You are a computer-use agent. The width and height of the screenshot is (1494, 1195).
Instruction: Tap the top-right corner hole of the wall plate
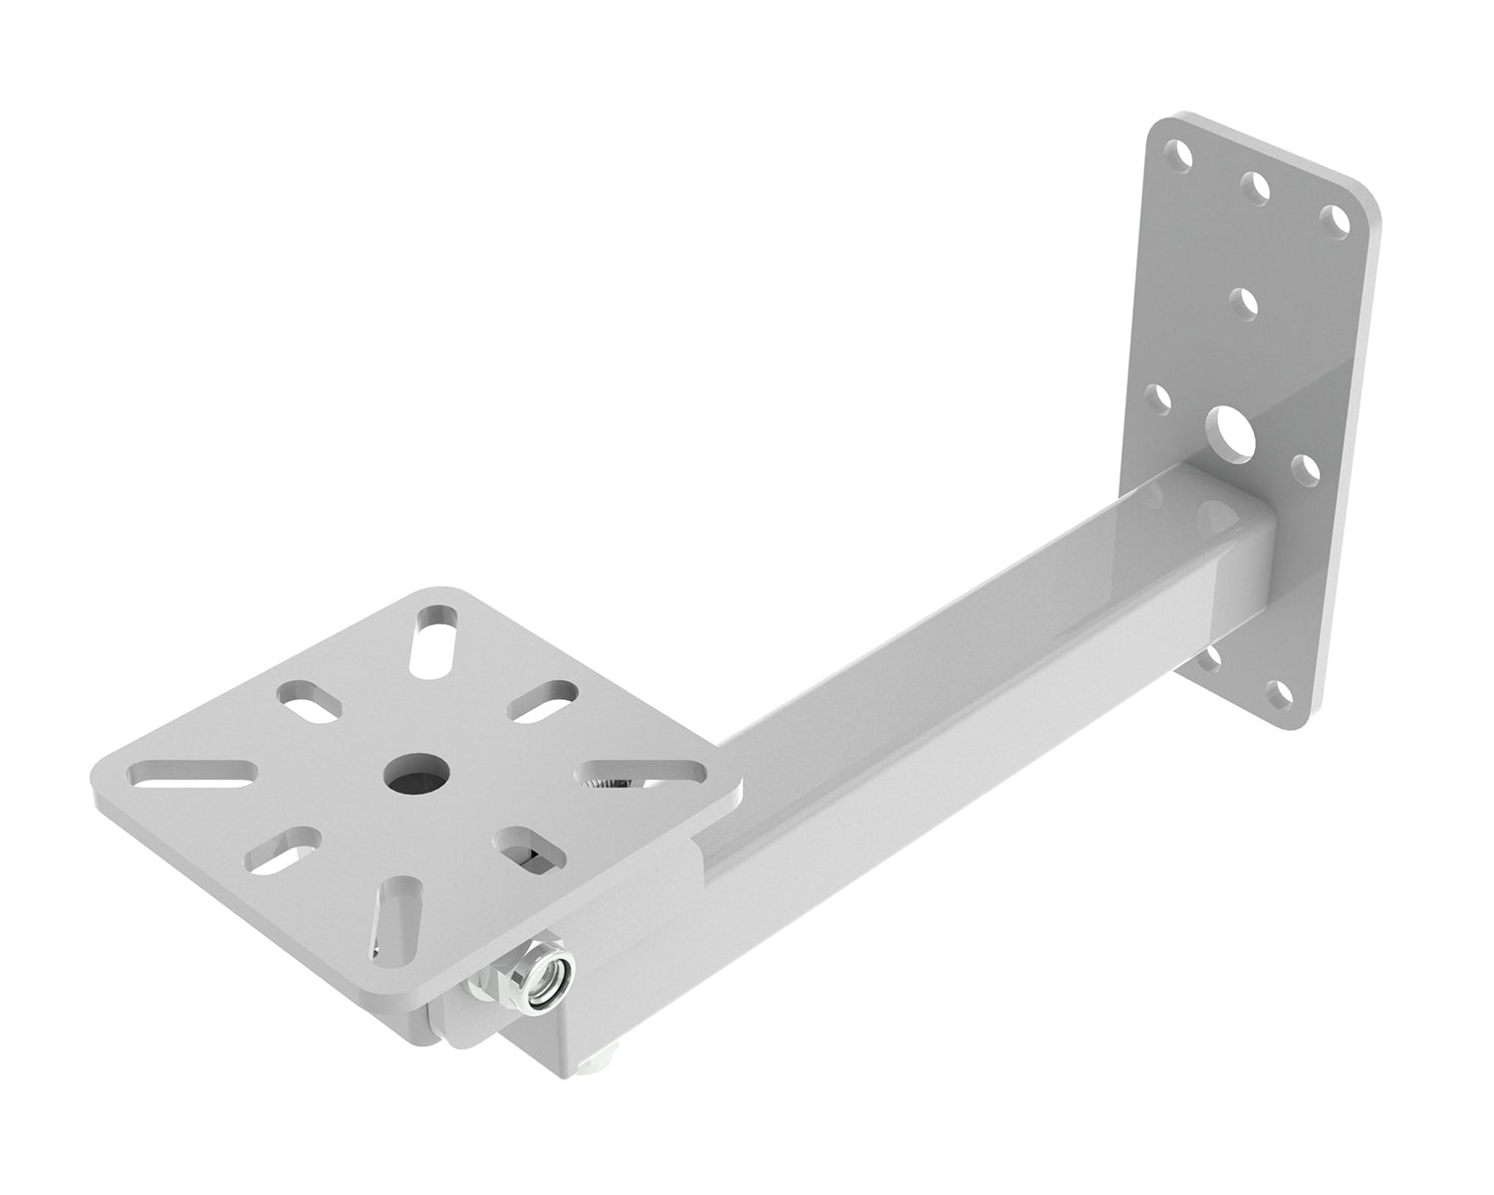pos(1331,216)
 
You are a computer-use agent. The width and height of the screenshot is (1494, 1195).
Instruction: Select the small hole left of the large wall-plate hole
pos(1157,396)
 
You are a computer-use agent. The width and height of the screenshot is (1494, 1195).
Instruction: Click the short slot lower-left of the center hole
pos(281,846)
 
